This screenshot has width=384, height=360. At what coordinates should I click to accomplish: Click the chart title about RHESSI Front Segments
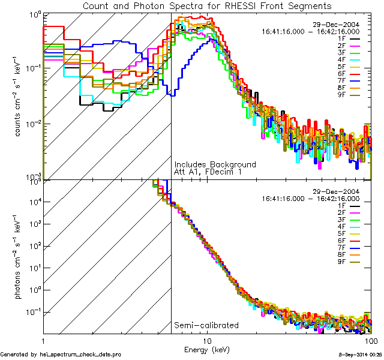pyautogui.click(x=207, y=5)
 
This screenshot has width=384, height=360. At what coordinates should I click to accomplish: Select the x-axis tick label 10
pyautogui.click(x=207, y=340)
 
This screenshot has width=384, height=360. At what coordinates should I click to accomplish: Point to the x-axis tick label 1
pyautogui.click(x=43, y=340)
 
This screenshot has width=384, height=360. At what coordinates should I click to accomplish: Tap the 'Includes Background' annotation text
pyautogui.click(x=215, y=164)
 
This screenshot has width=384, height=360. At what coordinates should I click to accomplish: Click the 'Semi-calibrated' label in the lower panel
pyautogui.click(x=206, y=326)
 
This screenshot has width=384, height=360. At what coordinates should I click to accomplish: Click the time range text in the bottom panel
pyautogui.click(x=311, y=198)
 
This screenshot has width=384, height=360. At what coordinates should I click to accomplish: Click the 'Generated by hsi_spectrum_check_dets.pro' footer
pyautogui.click(x=61, y=355)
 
